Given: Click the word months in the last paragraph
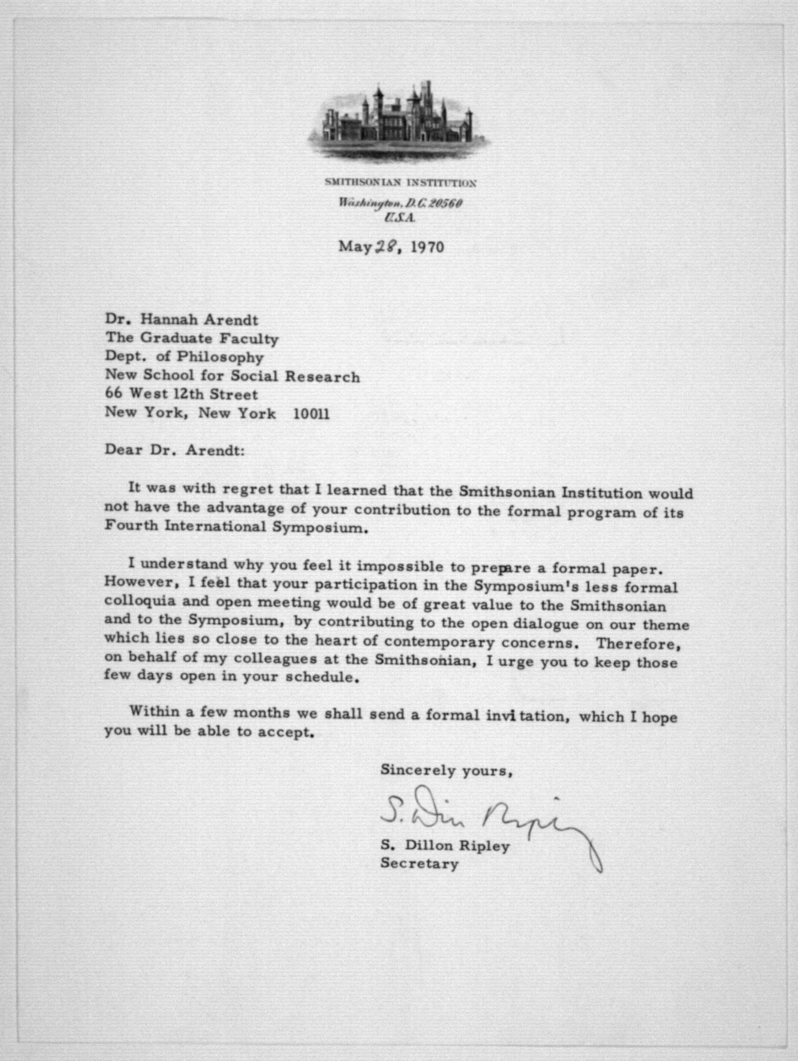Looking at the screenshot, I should pyautogui.click(x=265, y=713).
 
